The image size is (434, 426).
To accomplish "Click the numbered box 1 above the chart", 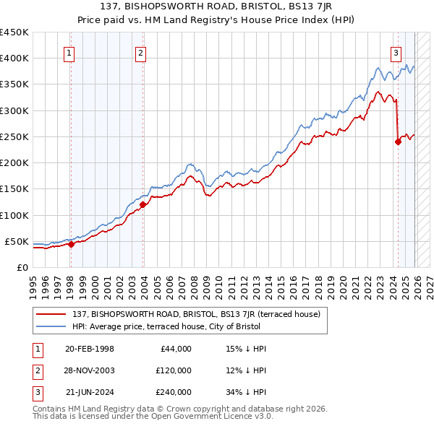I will [x=69, y=52].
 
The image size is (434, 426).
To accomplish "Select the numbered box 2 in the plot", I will [x=140, y=52].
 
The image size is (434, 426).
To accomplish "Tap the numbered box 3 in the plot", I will [x=396, y=52].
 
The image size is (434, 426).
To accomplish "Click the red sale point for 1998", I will [x=71, y=244].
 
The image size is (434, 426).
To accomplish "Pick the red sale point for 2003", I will [x=142, y=204].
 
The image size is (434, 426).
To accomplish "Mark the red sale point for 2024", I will [x=398, y=142].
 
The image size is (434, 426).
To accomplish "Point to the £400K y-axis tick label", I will [x=14, y=58].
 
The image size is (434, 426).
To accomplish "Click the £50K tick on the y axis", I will [x=17, y=241].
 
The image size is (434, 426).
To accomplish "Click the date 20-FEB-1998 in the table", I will [x=89, y=349].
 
